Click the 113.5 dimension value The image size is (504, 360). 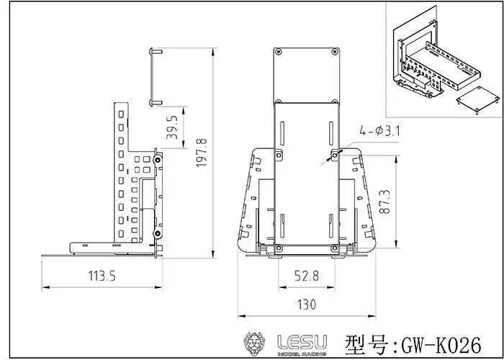102,276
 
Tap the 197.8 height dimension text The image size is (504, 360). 202,153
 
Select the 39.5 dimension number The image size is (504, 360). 172,127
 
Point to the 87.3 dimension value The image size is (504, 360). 384,202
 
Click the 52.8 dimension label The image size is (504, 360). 306,276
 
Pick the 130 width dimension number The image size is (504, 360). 307,305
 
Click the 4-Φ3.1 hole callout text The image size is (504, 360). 379,131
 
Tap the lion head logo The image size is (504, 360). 254,343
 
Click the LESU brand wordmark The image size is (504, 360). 302,342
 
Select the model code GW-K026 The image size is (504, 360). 441,346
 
